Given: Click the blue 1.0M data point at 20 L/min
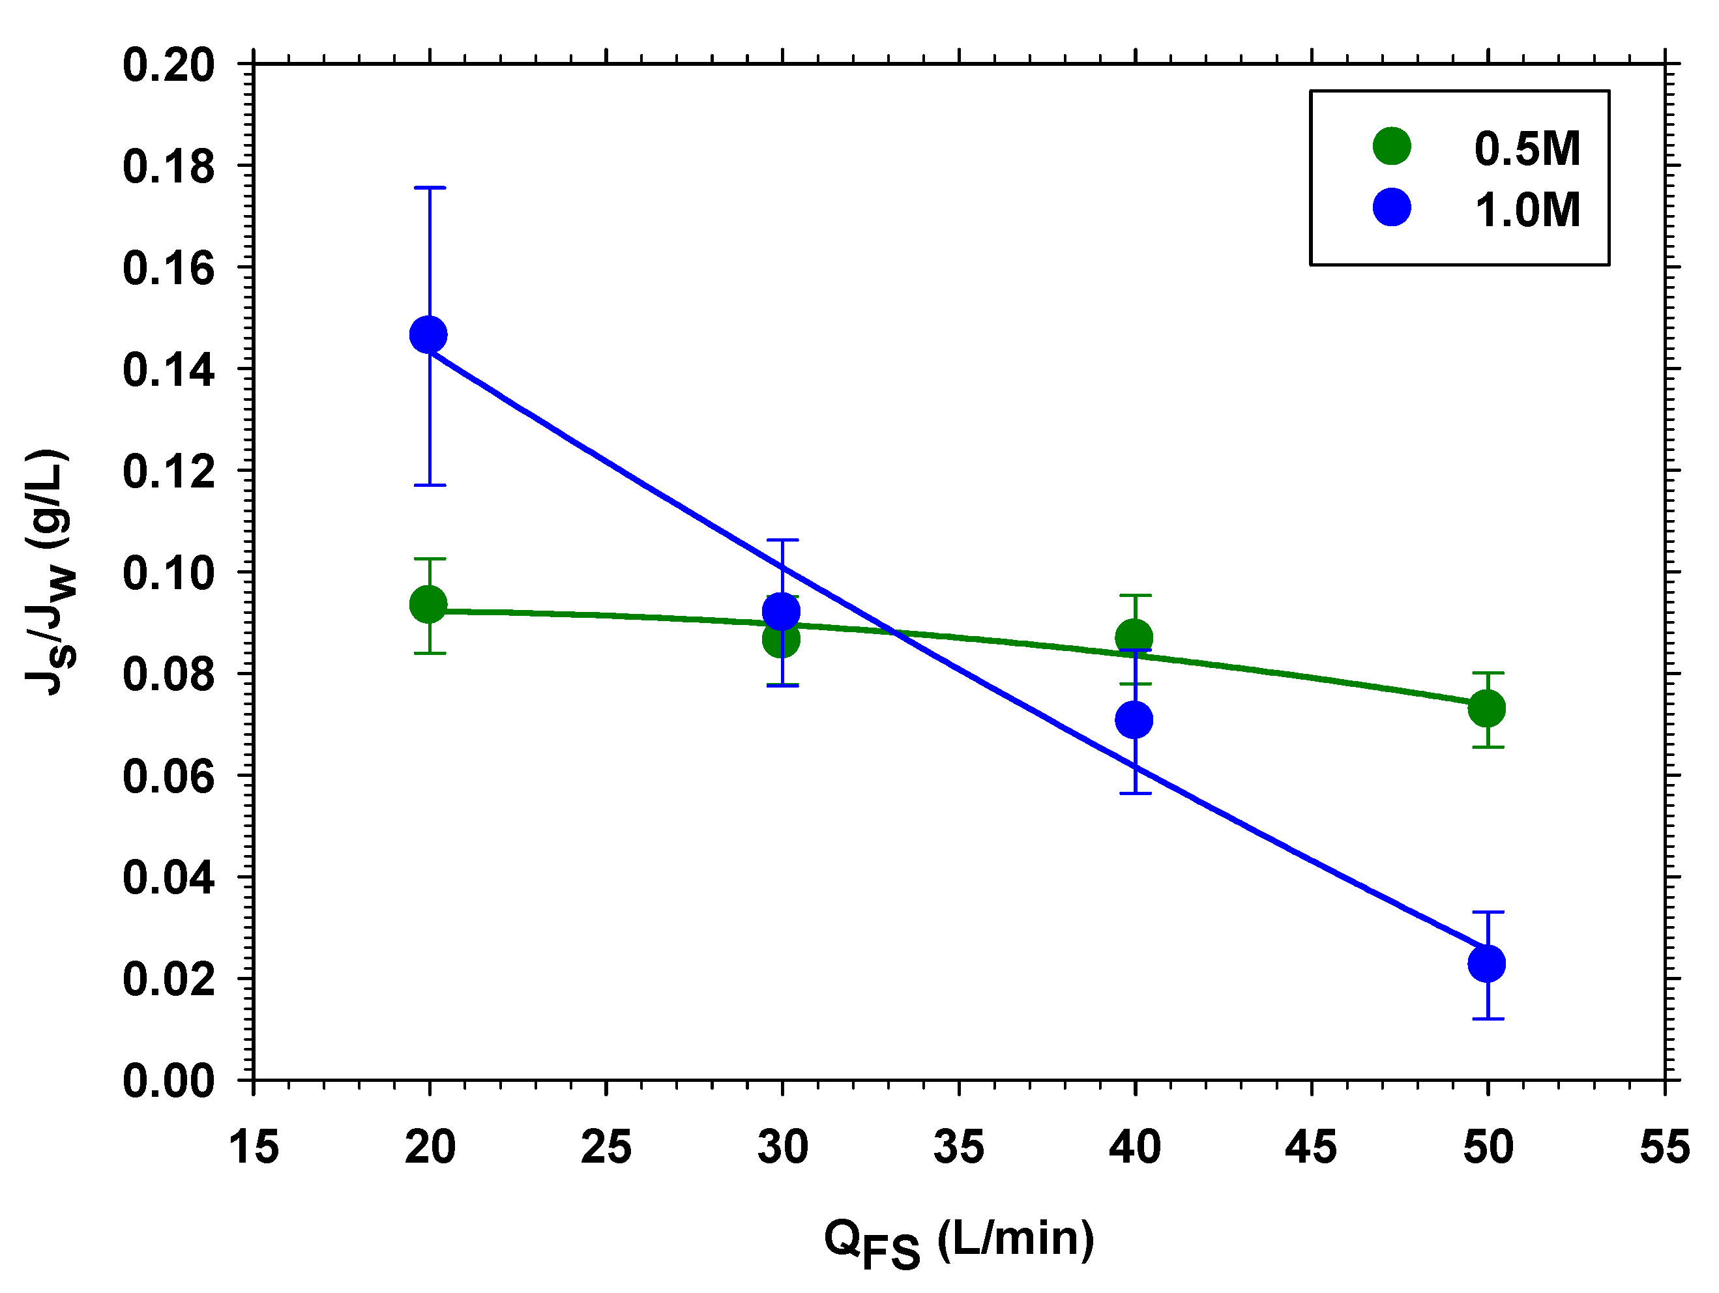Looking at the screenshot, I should click(x=428, y=335).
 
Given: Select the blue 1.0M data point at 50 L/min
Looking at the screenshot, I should click(x=1487, y=963).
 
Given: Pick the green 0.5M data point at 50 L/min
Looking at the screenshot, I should click(x=1487, y=708).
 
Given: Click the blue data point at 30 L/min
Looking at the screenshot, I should click(x=781, y=611).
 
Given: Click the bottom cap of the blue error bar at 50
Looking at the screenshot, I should click(x=1488, y=1019).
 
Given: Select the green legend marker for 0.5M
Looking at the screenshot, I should click(x=1392, y=146).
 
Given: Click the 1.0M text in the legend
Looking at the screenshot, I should click(x=1527, y=210).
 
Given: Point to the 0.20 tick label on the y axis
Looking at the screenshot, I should click(x=169, y=65).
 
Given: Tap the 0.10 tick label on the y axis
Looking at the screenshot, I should click(x=169, y=574).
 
